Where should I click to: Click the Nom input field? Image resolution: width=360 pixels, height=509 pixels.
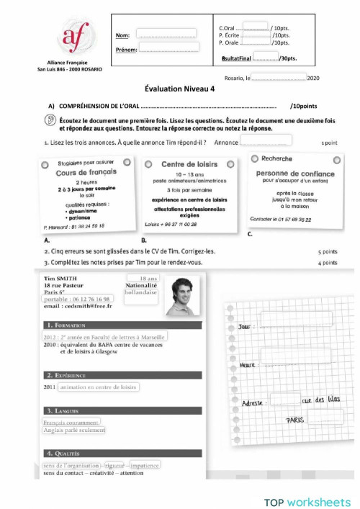point(166,33)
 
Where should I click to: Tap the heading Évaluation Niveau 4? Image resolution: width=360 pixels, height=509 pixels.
point(179,89)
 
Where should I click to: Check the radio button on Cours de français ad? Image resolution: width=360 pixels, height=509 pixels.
point(45,165)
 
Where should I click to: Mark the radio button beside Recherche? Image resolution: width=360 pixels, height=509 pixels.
point(255,158)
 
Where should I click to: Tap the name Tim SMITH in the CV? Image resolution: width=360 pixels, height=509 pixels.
point(59,278)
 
